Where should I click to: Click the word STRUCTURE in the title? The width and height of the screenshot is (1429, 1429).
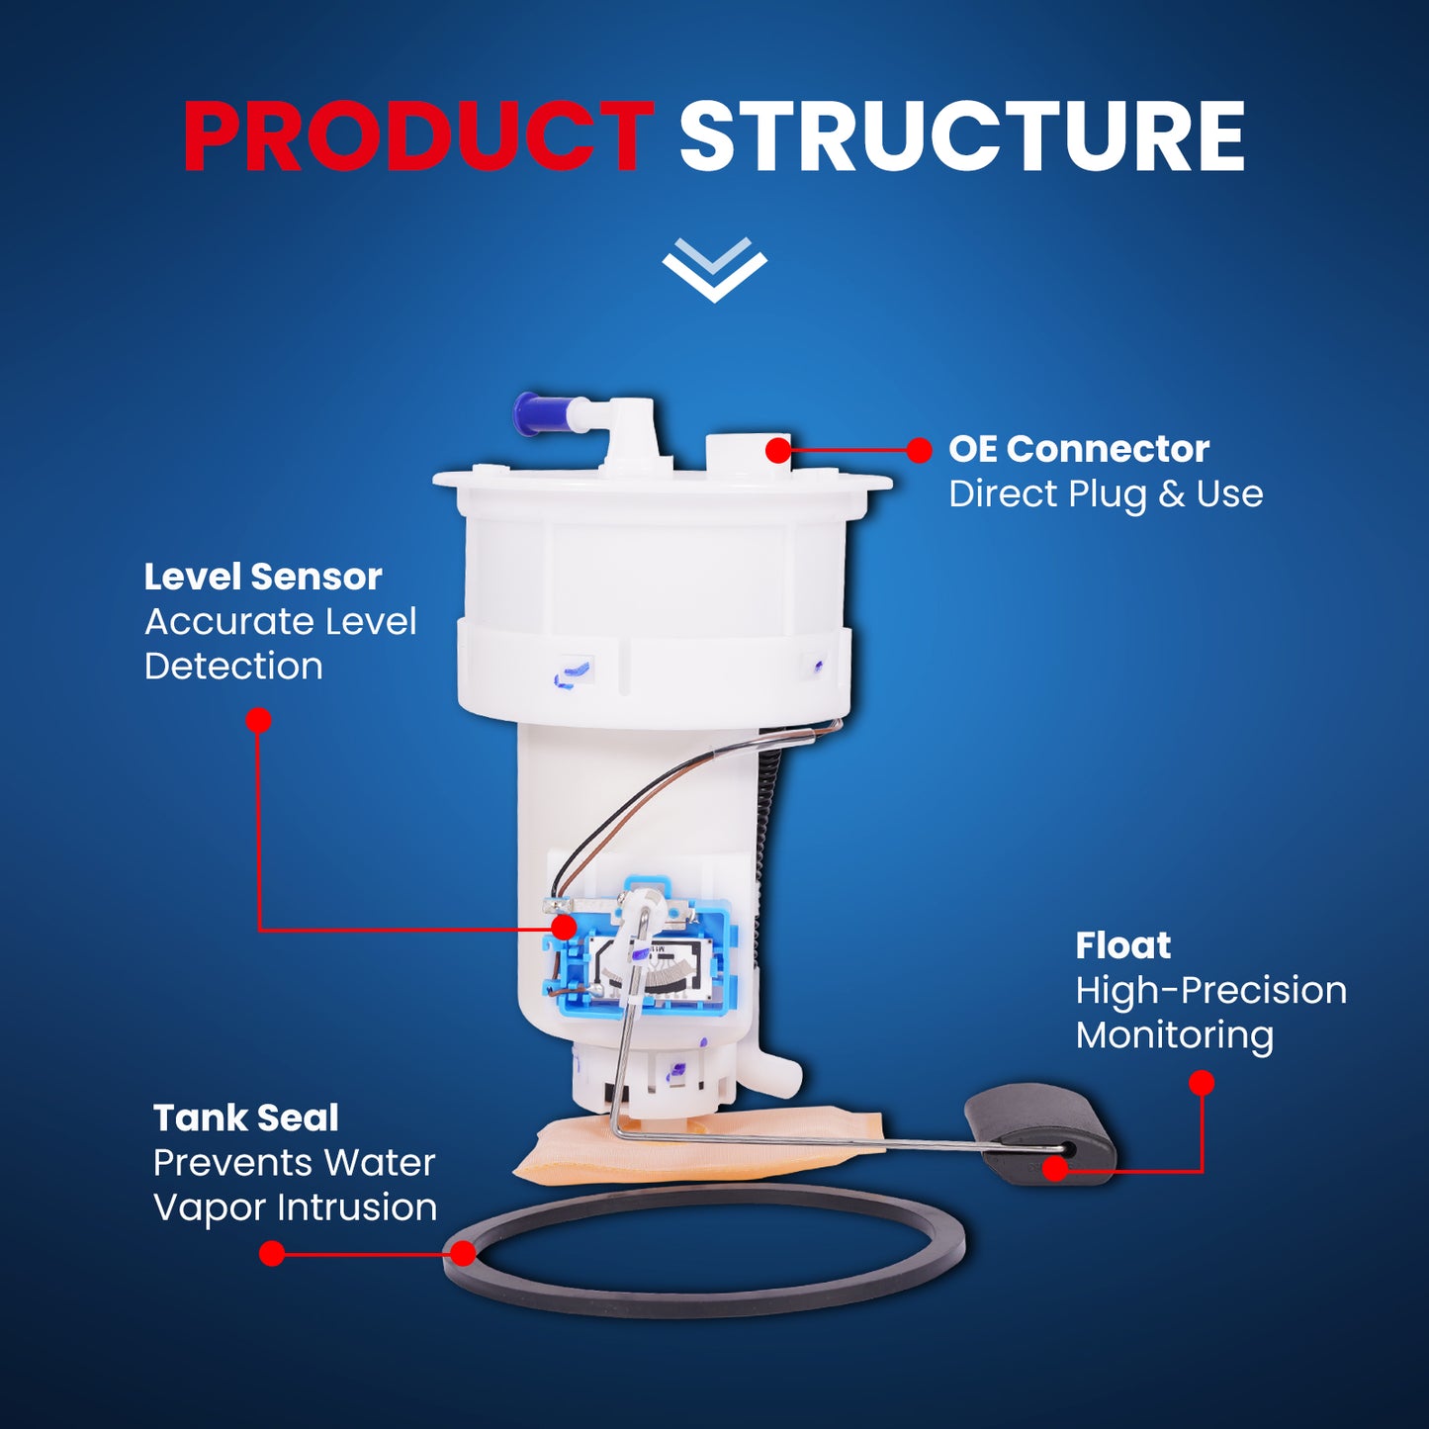[x=962, y=137]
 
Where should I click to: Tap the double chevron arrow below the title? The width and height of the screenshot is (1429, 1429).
[x=715, y=270]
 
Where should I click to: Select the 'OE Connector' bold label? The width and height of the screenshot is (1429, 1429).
[x=1079, y=449]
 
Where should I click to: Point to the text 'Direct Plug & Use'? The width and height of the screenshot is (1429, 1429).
[x=1106, y=494]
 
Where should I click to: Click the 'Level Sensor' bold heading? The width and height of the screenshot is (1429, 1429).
[x=263, y=577]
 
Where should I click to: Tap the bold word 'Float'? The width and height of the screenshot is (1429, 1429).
[x=1122, y=945]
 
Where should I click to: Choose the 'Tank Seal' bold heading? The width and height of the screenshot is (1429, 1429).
[x=245, y=1117]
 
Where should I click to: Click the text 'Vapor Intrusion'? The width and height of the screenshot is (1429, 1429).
[x=295, y=1207]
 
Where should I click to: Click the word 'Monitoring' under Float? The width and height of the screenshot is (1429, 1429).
[x=1175, y=1036]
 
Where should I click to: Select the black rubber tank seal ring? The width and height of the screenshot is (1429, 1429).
[x=703, y=1312]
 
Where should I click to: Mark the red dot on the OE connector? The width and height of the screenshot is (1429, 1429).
[x=778, y=450]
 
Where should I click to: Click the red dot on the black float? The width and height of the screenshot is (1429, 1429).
[x=1055, y=1170]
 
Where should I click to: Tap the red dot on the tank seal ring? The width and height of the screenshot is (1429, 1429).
[x=464, y=1254]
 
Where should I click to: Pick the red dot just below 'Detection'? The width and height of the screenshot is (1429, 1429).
[x=258, y=720]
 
